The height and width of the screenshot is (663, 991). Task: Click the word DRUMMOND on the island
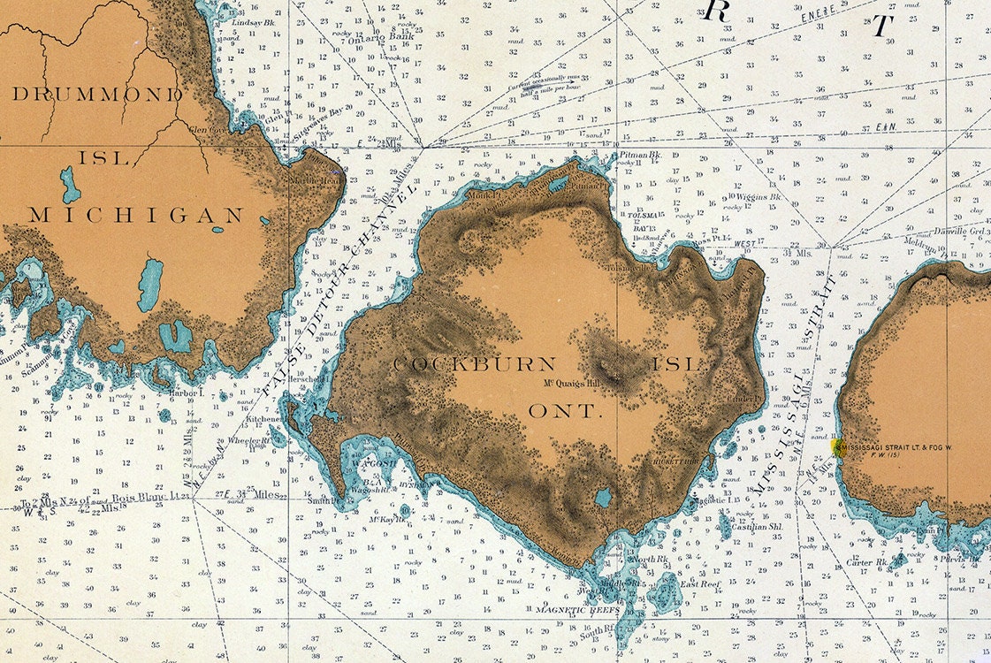[97, 94]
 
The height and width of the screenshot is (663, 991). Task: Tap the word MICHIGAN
[136, 215]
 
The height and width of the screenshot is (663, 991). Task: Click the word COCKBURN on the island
[475, 364]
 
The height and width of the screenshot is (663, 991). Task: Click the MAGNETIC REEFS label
[579, 610]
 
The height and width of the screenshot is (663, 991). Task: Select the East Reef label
[700, 584]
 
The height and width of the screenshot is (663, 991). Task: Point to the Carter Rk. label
[867, 561]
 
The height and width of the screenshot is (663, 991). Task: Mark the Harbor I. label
[187, 392]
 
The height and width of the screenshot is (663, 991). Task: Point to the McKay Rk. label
[386, 519]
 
